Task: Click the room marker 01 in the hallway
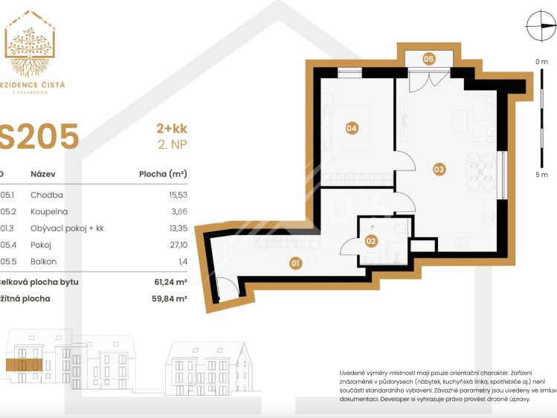295,263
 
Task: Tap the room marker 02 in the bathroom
371,240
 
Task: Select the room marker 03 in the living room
439,170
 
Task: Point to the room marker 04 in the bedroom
352,129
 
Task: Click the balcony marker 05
428,58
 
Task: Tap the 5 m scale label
541,175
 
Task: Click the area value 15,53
176,195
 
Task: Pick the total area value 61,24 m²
170,283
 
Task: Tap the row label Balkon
43,261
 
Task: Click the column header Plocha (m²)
163,174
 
